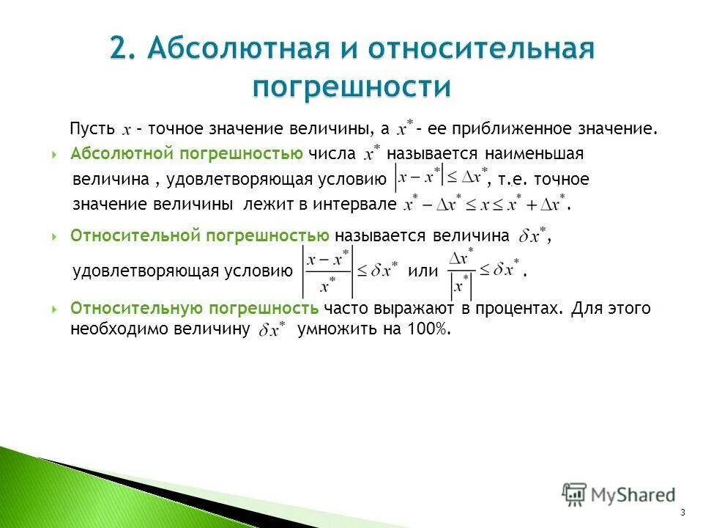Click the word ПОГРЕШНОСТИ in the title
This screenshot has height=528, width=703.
point(351,86)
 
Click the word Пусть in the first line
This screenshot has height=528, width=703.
point(92,128)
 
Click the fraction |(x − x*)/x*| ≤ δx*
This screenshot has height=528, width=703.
point(350,271)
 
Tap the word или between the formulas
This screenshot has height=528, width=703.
point(422,271)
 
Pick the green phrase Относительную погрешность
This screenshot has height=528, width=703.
point(194,308)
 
